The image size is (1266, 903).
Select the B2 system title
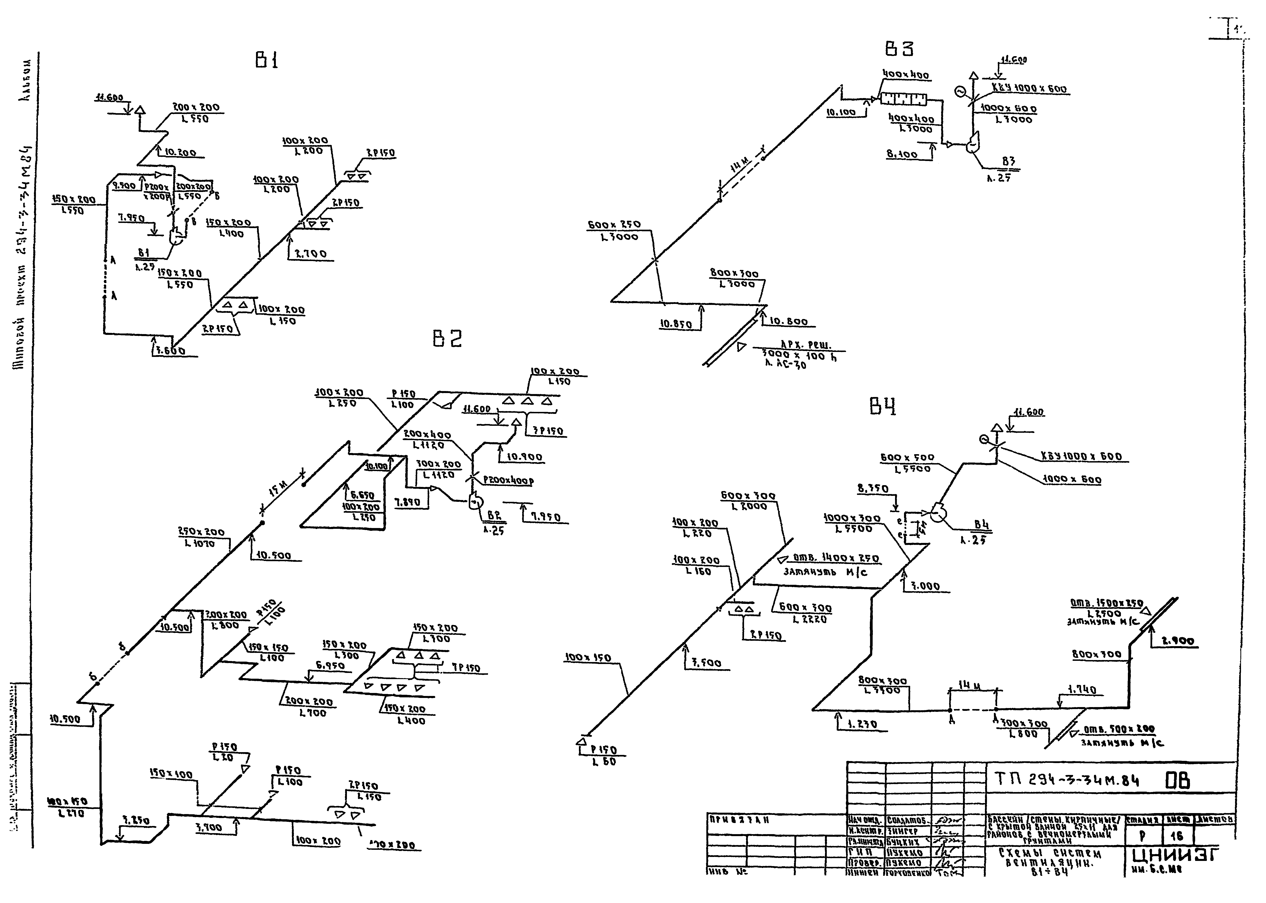(447, 339)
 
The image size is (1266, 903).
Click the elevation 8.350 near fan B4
(872, 489)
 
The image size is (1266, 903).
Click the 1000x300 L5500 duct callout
(852, 523)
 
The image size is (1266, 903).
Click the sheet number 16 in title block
(1176, 836)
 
